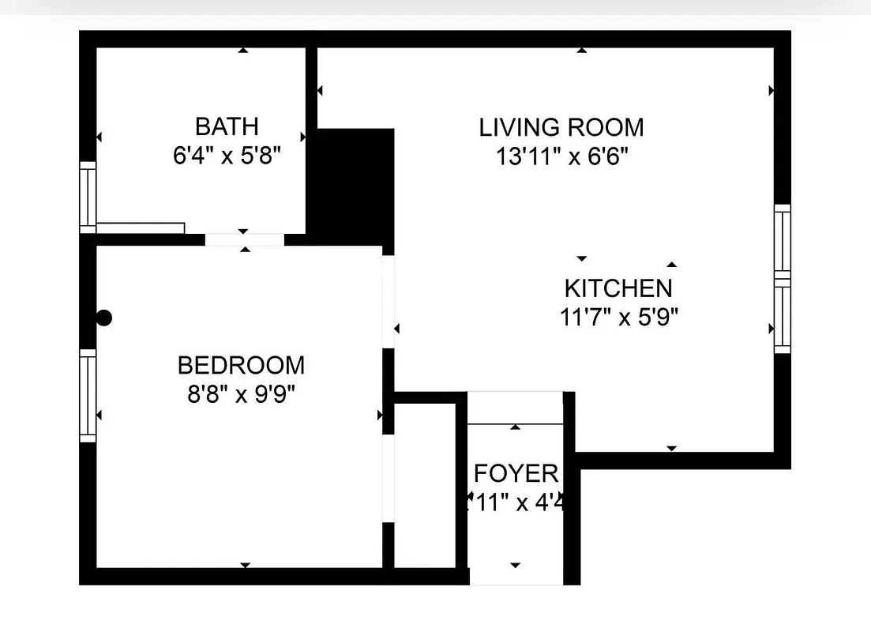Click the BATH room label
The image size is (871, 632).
click(x=227, y=126)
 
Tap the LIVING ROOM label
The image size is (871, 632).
click(x=561, y=127)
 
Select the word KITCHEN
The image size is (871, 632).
click(x=618, y=288)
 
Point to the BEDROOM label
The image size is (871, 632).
click(x=241, y=366)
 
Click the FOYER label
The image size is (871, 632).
click(x=516, y=474)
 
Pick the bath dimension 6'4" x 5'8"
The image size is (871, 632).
click(x=227, y=155)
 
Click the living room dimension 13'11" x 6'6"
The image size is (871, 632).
click(x=561, y=156)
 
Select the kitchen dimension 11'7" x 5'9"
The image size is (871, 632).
click(x=619, y=318)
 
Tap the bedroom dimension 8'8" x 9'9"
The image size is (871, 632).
click(x=241, y=393)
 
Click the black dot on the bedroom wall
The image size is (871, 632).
click(x=104, y=318)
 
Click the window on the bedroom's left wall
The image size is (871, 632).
click(x=88, y=395)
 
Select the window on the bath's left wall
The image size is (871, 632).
click(x=88, y=197)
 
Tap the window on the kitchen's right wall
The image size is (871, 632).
click(x=782, y=278)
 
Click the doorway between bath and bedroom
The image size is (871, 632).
click(x=245, y=239)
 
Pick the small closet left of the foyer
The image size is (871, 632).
click(x=425, y=485)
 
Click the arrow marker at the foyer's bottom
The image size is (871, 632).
click(x=516, y=565)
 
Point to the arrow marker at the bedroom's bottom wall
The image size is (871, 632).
click(x=245, y=565)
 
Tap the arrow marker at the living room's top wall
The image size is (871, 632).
click(x=582, y=51)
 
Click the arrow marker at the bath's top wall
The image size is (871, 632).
click(x=242, y=51)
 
